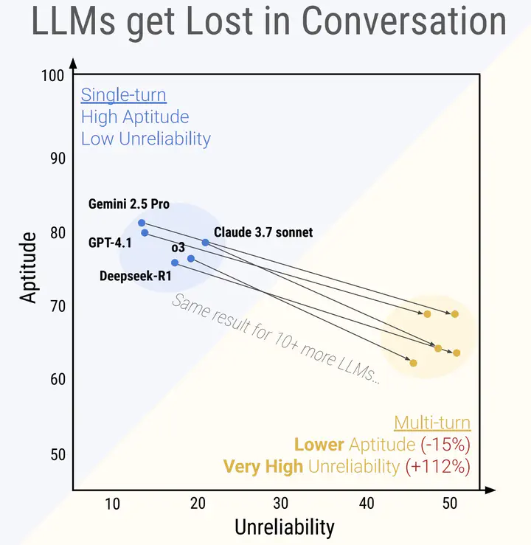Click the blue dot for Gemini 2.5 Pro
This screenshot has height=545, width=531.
142,223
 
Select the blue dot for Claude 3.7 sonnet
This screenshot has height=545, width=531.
205,242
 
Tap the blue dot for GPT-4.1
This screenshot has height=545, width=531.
145,233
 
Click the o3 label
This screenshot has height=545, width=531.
178,247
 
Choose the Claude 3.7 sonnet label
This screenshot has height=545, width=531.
263,232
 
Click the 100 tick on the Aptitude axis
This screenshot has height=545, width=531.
58,76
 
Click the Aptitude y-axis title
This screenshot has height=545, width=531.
28,267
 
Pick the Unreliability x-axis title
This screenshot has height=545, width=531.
284,527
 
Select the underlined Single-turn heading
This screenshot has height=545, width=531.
123,95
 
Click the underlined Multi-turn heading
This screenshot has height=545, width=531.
432,423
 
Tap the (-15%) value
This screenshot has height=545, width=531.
445,445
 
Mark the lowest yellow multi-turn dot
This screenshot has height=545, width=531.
414,363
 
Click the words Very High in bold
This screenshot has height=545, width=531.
263,466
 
